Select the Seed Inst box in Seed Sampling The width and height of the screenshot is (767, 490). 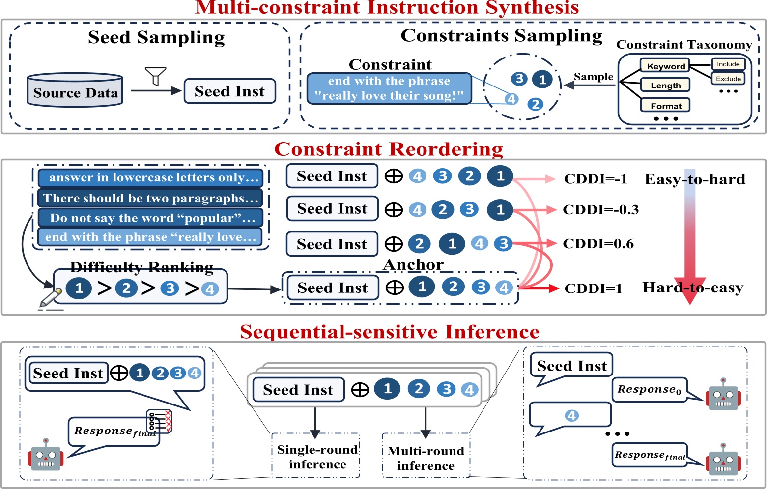pos(229,91)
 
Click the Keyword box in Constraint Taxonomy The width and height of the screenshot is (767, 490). pos(665,66)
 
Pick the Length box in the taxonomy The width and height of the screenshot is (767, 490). pos(665,85)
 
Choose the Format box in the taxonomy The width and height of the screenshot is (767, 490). pos(665,105)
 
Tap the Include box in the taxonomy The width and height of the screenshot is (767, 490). pos(728,64)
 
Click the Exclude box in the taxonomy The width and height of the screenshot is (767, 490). pos(728,79)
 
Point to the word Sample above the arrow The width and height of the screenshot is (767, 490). pos(594,77)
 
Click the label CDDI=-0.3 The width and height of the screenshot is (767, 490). pos(600,210)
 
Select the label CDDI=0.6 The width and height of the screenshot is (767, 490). pos(598,244)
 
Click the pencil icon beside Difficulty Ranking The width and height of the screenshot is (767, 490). pos(50,298)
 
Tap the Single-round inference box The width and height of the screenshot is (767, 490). pos(317,457)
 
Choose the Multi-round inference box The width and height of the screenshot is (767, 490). pos(426,458)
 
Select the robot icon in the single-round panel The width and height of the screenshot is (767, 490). pos(46,455)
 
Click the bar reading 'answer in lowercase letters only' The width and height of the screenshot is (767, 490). pos(150,178)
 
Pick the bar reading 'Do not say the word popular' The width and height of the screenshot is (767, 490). pos(150,218)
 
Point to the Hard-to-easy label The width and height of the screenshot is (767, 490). pos(692,288)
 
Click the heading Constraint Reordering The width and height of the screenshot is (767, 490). pos(388,149)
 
